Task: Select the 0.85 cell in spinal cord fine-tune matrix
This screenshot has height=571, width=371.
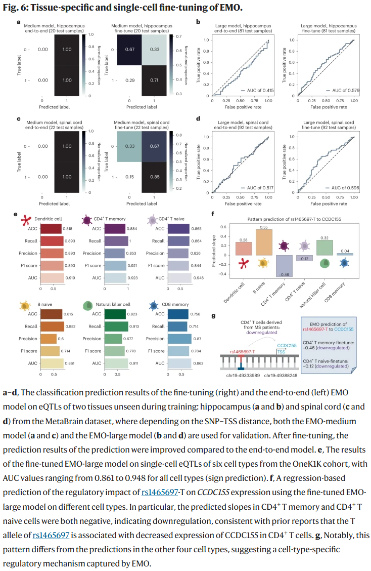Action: coord(155,177)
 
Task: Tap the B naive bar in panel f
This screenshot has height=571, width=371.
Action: coord(263,243)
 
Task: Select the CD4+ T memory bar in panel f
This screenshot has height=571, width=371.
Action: coord(284,266)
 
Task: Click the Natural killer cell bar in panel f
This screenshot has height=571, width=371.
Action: coord(324,247)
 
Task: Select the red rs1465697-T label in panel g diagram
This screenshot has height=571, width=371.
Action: coord(242,350)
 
